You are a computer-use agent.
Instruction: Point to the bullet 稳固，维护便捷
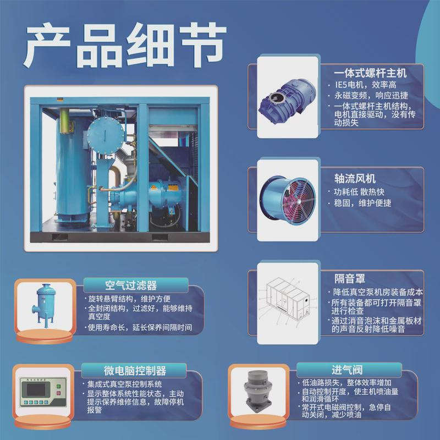tap(366, 203)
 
